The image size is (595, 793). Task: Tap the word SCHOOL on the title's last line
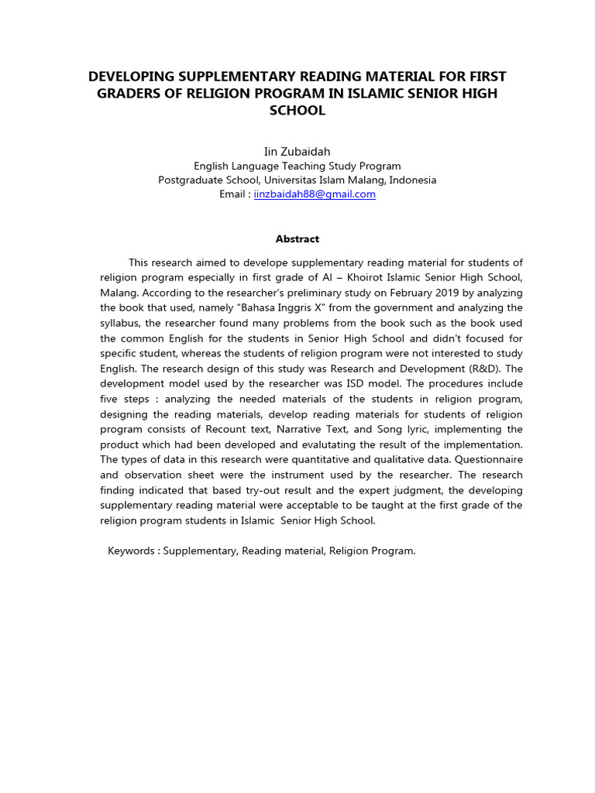(x=297, y=111)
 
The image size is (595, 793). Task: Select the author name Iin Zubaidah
(x=297, y=152)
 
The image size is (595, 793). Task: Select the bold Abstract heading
(x=297, y=239)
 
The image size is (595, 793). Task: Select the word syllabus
(x=120, y=323)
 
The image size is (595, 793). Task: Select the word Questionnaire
(x=490, y=459)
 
